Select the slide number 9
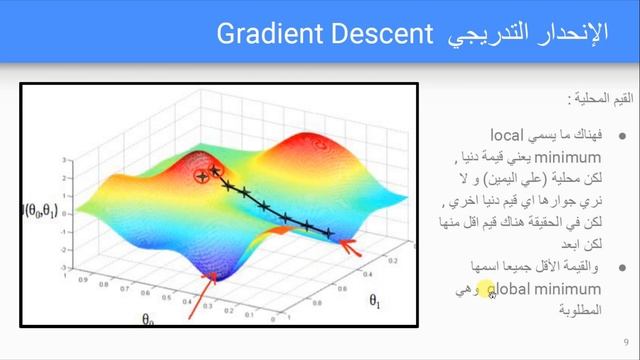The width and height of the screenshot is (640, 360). [x=625, y=341]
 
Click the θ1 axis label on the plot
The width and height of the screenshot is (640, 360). [x=375, y=298]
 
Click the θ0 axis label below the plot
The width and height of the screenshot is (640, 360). [x=148, y=319]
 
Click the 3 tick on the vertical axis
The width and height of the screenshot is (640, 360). [x=64, y=159]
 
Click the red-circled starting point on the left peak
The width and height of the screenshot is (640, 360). [x=202, y=176]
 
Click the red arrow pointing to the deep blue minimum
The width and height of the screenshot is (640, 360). [x=201, y=295]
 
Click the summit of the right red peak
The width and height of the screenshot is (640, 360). [x=320, y=145]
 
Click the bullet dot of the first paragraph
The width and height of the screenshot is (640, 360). [x=622, y=135]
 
